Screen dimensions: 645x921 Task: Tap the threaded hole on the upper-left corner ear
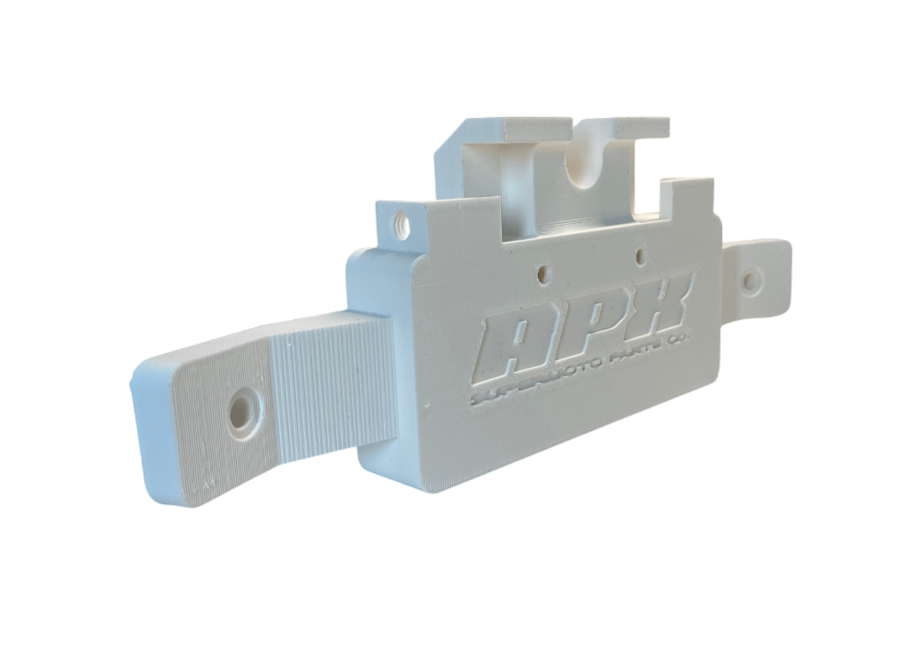click(x=400, y=222)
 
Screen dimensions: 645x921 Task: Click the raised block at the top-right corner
click(x=689, y=198)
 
